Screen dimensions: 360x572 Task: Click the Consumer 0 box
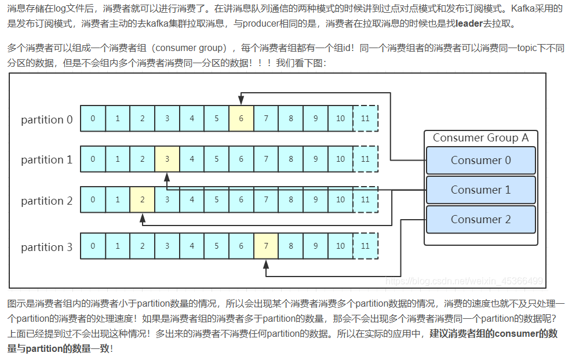pyautogui.click(x=480, y=161)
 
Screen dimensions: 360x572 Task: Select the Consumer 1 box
pyautogui.click(x=480, y=190)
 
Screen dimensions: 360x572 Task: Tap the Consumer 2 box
pyautogui.click(x=480, y=220)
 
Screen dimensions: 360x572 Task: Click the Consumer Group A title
pyautogui.click(x=480, y=138)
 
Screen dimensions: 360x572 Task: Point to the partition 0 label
pyautogui.click(x=47, y=120)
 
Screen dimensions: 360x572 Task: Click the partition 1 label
pyautogui.click(x=47, y=159)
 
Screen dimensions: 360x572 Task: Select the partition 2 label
pyautogui.click(x=47, y=201)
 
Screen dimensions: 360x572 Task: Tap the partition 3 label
pyautogui.click(x=47, y=248)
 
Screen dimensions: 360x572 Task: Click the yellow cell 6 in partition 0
pyautogui.click(x=241, y=119)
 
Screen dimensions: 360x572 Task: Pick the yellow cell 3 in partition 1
pyautogui.click(x=167, y=159)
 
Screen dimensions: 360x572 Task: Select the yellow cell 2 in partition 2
pyautogui.click(x=142, y=200)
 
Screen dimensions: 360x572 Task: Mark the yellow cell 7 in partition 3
pyautogui.click(x=266, y=246)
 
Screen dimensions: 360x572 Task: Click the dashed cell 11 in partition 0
pyautogui.click(x=365, y=119)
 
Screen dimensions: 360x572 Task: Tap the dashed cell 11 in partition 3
pyautogui.click(x=365, y=246)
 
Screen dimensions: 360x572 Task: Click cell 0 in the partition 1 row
pyautogui.click(x=93, y=159)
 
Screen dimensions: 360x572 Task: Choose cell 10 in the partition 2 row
pyautogui.click(x=340, y=200)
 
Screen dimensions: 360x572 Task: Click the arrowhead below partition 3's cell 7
pyautogui.click(x=266, y=265)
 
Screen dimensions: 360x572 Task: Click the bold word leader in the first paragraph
pyautogui.click(x=469, y=24)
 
